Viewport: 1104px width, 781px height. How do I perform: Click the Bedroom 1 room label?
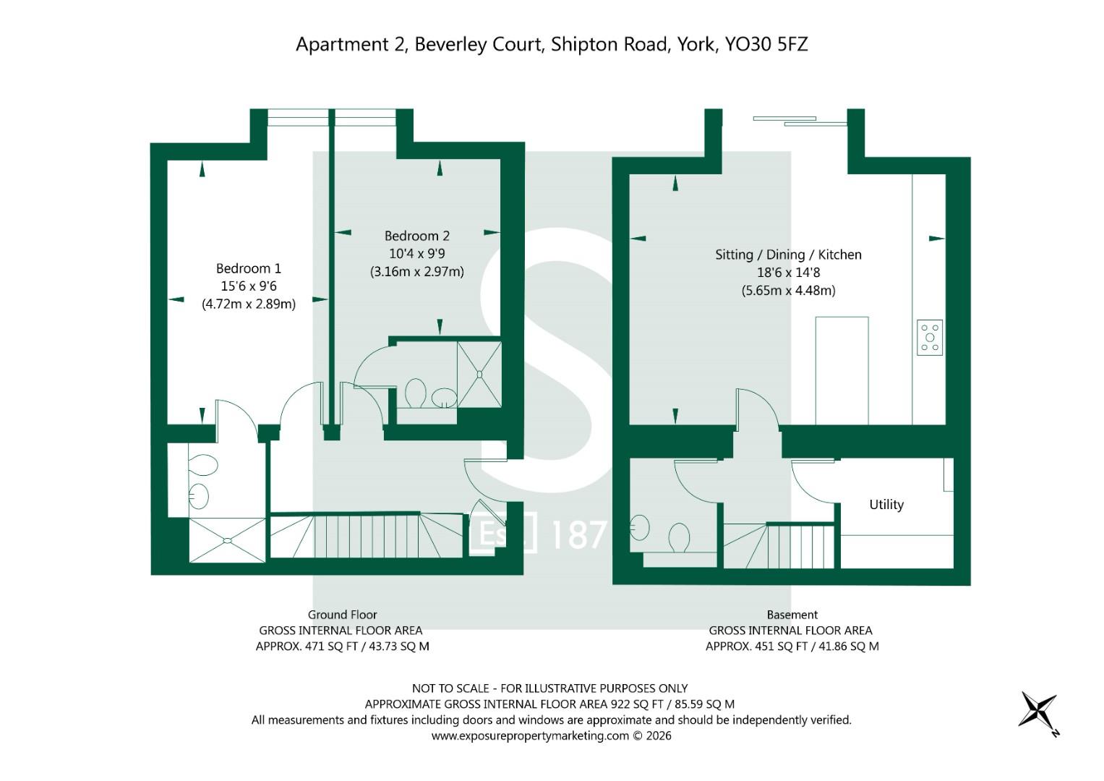point(249,269)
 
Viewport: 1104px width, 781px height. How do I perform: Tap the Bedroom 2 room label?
point(417,236)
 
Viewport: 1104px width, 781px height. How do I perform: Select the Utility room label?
point(886,505)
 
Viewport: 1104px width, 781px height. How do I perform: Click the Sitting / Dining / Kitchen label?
point(788,255)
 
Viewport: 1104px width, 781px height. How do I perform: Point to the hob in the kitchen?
point(930,338)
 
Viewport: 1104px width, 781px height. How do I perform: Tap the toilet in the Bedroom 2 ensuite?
point(416,393)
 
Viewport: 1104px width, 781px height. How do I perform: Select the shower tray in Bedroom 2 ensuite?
point(479,375)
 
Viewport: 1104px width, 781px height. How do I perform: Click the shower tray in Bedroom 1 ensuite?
point(227,540)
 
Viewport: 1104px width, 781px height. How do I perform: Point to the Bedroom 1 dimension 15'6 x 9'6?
point(249,286)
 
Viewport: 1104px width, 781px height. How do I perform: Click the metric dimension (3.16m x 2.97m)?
point(417,272)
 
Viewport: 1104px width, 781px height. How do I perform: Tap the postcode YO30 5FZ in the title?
point(766,44)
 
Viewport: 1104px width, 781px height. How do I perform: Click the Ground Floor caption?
point(342,615)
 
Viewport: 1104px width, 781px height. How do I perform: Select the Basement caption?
point(792,615)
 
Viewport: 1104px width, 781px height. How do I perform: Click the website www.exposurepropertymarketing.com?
point(530,736)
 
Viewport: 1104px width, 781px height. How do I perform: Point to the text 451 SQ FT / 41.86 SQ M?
point(817,646)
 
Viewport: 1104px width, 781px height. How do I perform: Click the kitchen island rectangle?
point(842,370)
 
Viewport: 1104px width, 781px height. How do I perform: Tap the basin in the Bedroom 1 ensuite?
point(198,496)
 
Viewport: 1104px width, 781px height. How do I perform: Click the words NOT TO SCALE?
point(450,688)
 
